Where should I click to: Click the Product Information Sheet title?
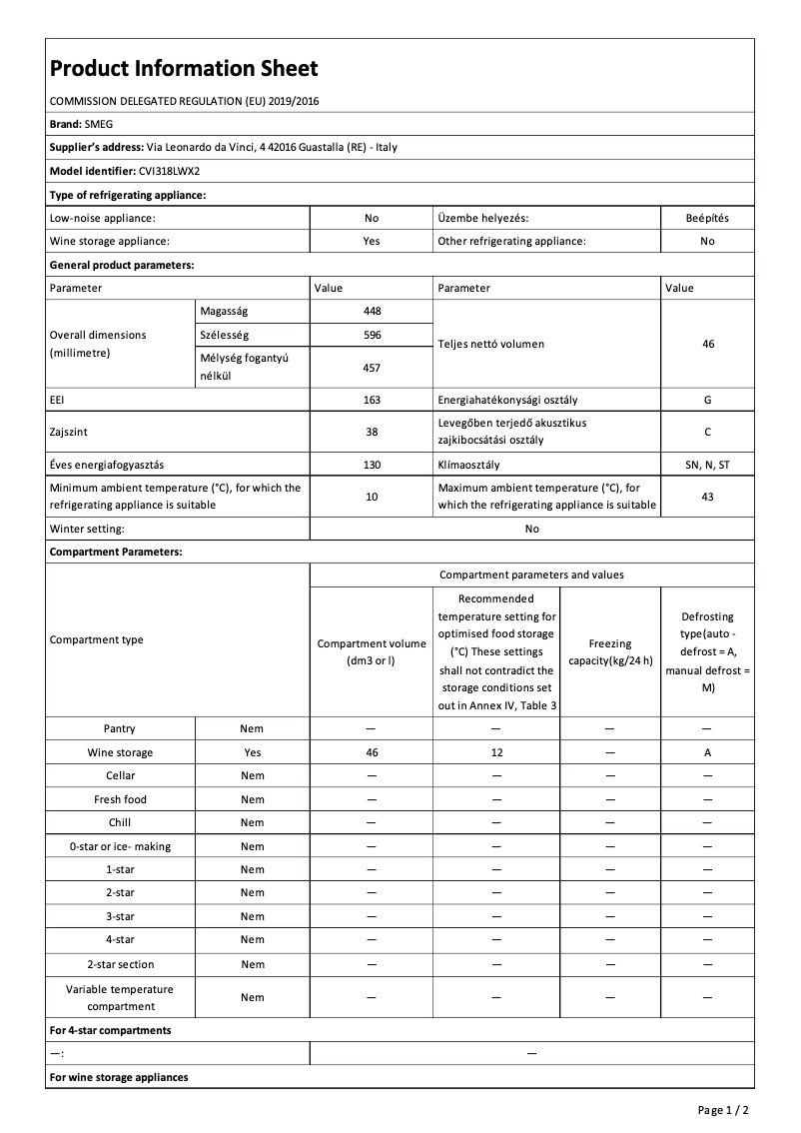(x=184, y=68)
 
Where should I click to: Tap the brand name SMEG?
(x=99, y=124)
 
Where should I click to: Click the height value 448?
(x=372, y=311)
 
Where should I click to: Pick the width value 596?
(x=372, y=335)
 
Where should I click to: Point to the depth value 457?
(x=372, y=368)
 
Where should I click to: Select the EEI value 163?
(x=372, y=399)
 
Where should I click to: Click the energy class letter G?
(x=707, y=399)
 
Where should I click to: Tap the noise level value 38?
(x=372, y=433)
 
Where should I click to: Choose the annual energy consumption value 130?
(x=372, y=465)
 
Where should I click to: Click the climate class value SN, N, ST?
(x=707, y=465)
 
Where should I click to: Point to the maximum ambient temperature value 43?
(x=707, y=497)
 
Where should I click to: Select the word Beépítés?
(x=707, y=217)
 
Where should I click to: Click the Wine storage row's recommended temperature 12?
(x=495, y=752)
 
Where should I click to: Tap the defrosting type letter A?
(x=707, y=752)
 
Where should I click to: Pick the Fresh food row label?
(x=121, y=799)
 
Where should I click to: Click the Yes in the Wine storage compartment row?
(x=253, y=752)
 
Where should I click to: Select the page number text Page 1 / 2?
(x=723, y=1109)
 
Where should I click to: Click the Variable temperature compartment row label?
(x=120, y=997)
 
